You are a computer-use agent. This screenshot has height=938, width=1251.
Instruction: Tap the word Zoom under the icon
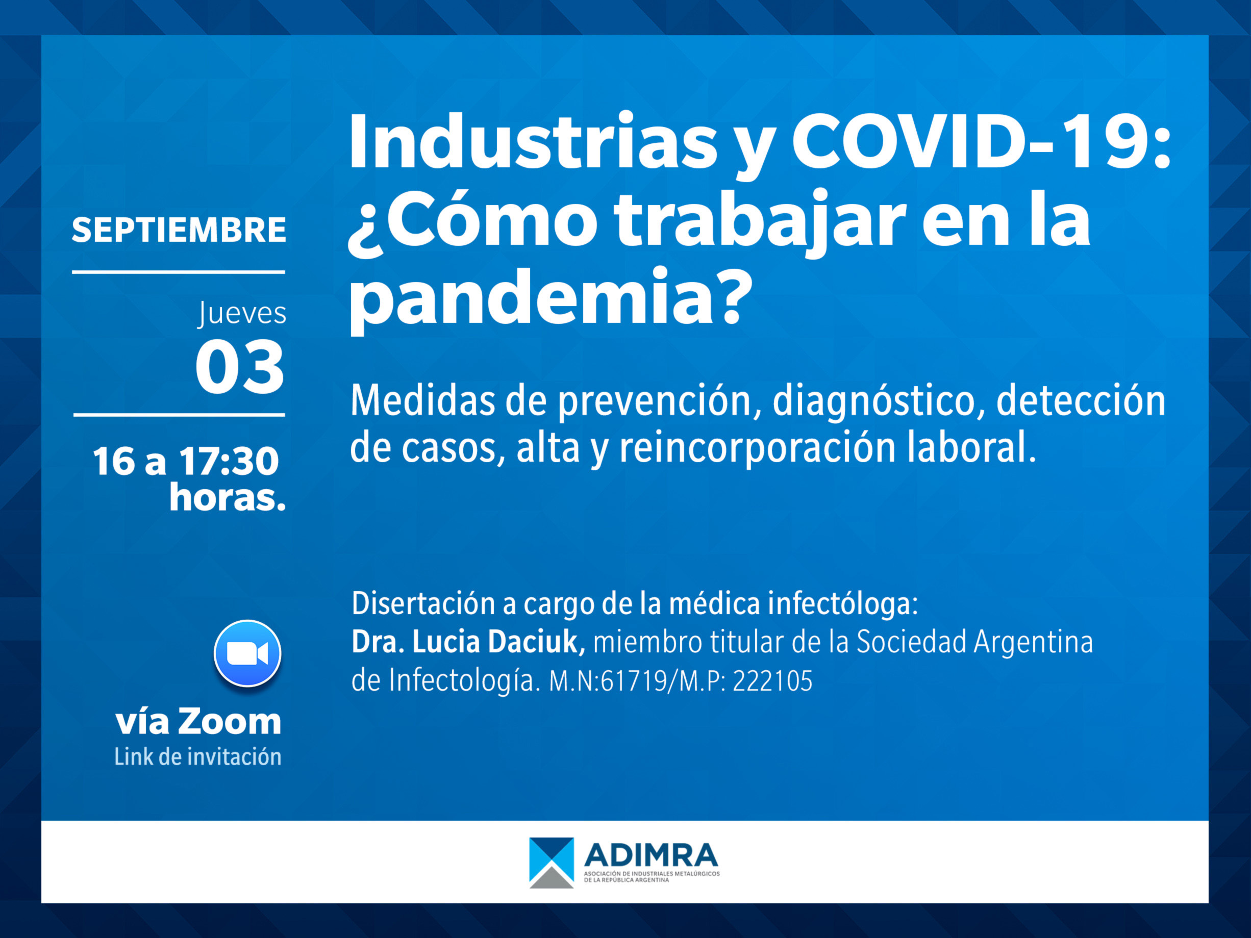(230, 722)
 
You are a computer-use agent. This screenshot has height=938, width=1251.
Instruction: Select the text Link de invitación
(198, 757)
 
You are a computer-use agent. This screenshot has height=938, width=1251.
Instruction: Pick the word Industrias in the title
(533, 141)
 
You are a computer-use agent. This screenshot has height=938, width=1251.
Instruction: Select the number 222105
(772, 681)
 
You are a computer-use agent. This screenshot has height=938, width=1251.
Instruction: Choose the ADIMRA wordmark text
(651, 855)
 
